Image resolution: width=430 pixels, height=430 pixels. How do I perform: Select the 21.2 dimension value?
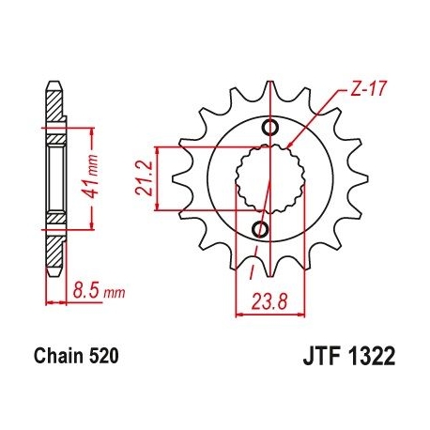pos(144,178)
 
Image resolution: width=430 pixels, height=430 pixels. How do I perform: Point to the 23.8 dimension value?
pos(269,302)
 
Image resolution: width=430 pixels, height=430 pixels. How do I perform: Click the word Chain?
pos(58,356)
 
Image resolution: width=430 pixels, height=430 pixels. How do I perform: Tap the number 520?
pos(104,356)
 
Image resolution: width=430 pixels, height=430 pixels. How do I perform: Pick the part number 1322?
pos(371,357)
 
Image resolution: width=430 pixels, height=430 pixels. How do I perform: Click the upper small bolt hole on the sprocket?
pos(270,128)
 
